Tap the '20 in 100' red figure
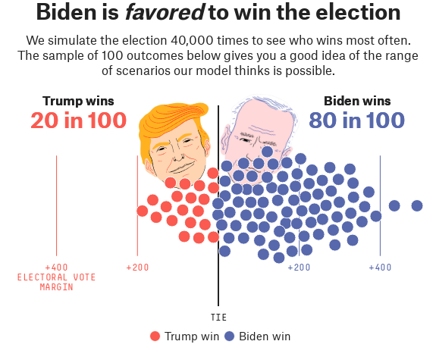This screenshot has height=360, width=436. click(79, 121)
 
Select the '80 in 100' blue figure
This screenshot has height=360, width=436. click(356, 121)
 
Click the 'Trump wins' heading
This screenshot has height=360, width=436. click(78, 101)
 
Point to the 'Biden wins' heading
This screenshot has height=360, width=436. click(357, 101)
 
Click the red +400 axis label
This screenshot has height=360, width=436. click(56, 268)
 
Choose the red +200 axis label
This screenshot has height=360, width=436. click(137, 268)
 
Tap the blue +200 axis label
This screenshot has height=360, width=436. click(299, 268)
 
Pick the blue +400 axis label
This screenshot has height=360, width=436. click(380, 268)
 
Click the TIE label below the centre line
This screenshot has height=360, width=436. click(218, 318)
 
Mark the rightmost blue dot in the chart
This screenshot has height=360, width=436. click(417, 205)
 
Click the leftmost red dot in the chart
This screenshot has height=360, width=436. click(143, 210)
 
